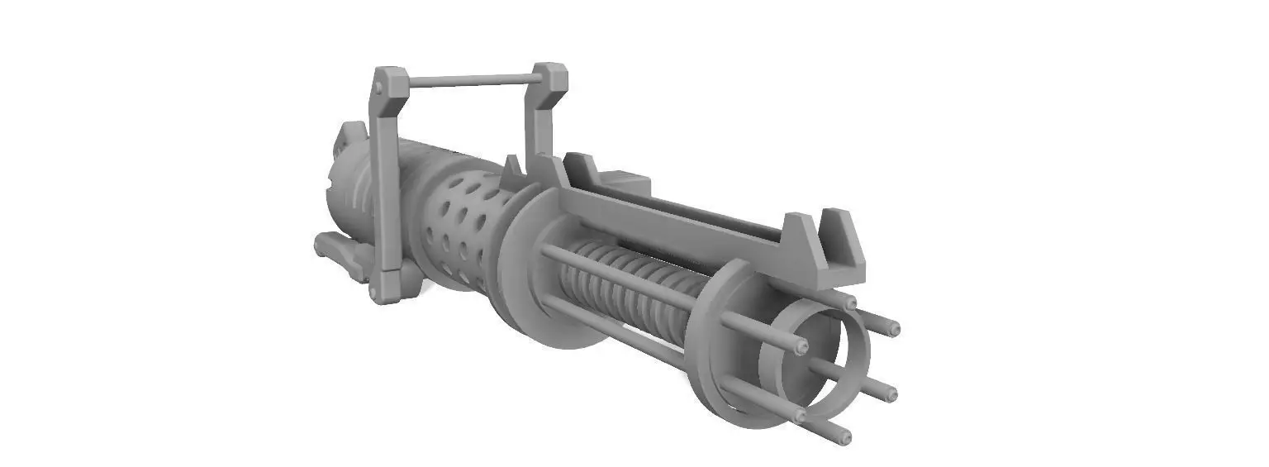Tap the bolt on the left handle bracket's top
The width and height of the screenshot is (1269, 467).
point(378,86)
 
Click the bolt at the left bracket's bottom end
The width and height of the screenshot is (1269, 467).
point(378,293)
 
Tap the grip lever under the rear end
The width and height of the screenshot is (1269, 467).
point(339,253)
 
